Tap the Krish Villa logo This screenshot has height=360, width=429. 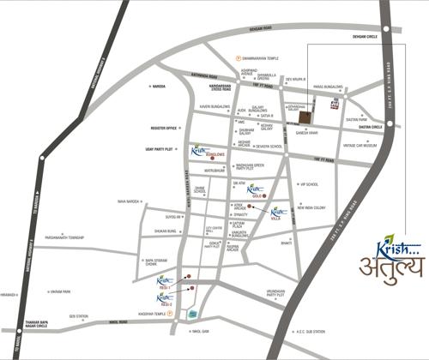coord(279,213)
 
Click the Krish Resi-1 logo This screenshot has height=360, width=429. coord(166,279)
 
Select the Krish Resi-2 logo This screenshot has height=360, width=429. coord(166,297)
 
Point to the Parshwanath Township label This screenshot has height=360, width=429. coord(68,237)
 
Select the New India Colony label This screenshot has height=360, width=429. coord(312,208)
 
